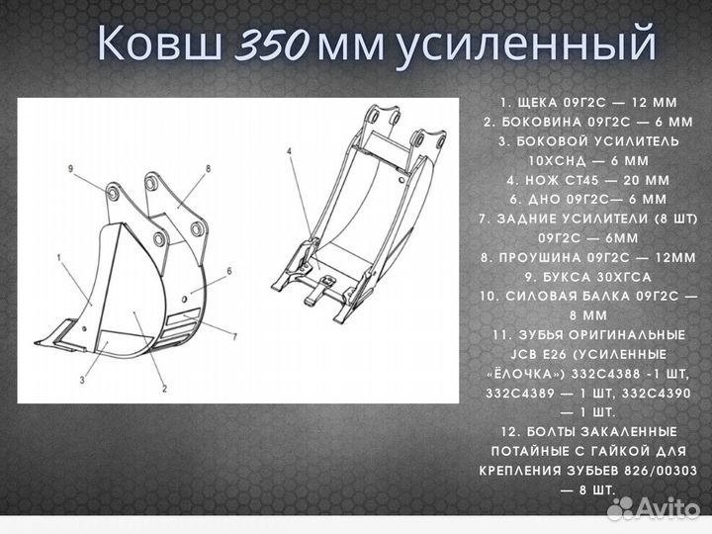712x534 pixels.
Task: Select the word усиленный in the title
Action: pyautogui.click(x=525, y=44)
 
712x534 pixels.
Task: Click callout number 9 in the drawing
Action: pyautogui.click(x=71, y=170)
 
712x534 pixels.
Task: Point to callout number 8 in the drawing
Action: pyautogui.click(x=209, y=169)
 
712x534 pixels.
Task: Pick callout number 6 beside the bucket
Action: pyautogui.click(x=229, y=270)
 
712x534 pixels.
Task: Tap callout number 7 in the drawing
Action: pyautogui.click(x=233, y=337)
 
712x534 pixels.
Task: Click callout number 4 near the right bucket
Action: pyautogui.click(x=289, y=151)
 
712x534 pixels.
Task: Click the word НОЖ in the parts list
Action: pyautogui.click(x=539, y=180)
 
